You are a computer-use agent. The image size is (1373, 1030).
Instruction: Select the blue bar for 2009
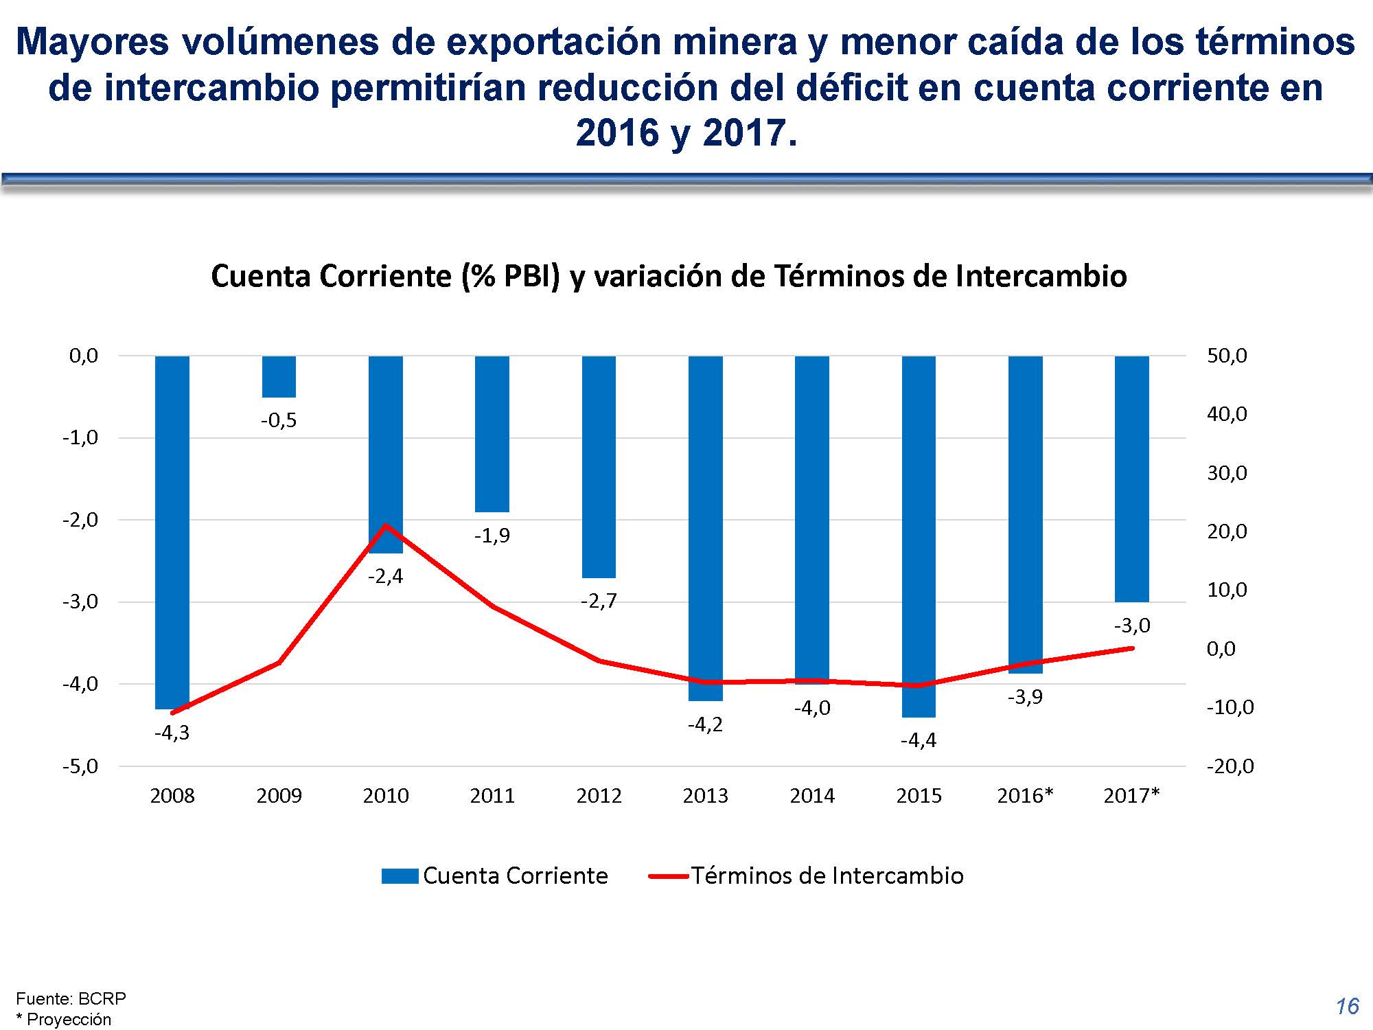tap(279, 376)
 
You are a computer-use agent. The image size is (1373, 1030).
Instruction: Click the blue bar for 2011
tap(492, 434)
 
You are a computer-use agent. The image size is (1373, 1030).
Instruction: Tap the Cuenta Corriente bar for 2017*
tap(1131, 479)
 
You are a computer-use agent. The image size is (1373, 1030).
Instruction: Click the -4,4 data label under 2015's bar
tap(919, 740)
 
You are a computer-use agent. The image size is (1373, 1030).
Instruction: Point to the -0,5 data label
tap(279, 420)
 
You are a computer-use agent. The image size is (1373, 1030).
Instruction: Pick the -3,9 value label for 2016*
tap(1025, 697)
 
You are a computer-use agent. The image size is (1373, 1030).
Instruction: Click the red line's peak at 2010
tap(386, 525)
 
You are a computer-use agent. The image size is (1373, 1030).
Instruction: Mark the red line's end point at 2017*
tap(1131, 648)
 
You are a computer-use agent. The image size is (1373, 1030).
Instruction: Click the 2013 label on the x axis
tap(705, 796)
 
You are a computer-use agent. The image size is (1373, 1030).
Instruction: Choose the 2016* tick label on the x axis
tap(1025, 796)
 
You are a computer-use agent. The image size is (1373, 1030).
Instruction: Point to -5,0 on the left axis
tap(80, 766)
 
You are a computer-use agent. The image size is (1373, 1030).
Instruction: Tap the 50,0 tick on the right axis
tap(1227, 356)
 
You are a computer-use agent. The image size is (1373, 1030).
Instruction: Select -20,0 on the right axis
tap(1230, 766)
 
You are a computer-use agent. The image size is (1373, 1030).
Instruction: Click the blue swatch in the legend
tap(400, 876)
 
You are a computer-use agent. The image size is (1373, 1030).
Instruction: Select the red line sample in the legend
tap(668, 876)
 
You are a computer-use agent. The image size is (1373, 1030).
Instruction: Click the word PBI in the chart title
tap(527, 276)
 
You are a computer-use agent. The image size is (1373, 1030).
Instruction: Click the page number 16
tap(1347, 1007)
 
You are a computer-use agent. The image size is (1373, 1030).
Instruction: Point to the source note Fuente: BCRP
tap(71, 998)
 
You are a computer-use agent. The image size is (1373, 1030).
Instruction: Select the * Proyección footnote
tap(63, 1019)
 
